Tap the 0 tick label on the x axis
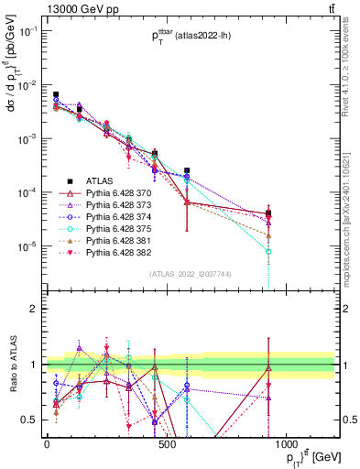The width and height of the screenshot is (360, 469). pyautogui.click(x=47, y=444)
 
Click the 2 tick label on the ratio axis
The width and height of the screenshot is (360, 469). pyautogui.click(x=34, y=309)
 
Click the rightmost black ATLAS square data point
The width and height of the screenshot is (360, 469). pyautogui.click(x=268, y=213)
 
